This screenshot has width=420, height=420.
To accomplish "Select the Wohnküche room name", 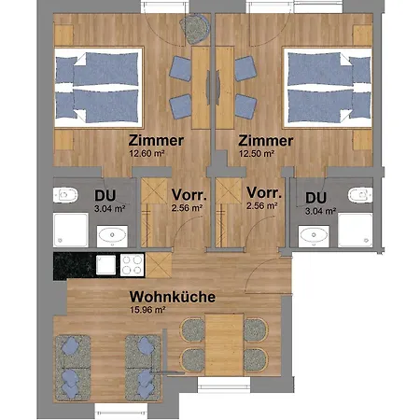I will [173, 298].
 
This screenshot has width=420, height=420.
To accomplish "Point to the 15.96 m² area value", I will [147, 311].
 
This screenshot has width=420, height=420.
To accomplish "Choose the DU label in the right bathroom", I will [315, 197].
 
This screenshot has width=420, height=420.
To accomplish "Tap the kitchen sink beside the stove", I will [105, 264].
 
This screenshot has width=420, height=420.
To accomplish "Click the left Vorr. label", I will [187, 195].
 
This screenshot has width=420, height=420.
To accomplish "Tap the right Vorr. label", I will [262, 195].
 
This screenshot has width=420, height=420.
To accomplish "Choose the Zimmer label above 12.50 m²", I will [266, 140].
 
